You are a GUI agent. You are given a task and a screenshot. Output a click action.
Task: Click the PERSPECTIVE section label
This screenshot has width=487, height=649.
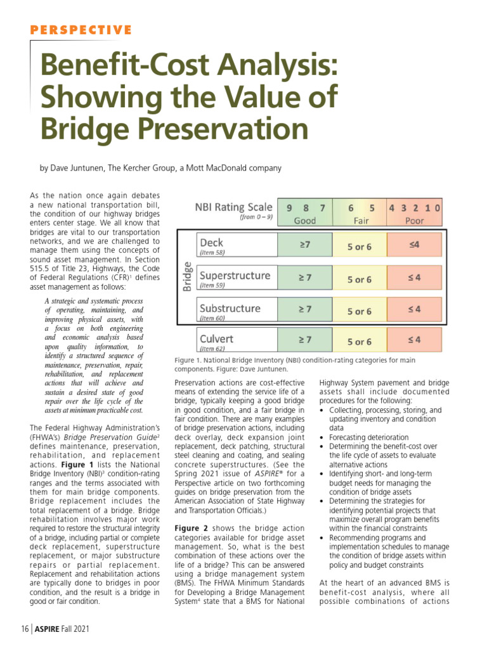pos(81,30)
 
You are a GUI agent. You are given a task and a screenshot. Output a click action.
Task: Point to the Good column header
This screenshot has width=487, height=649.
pos(305,221)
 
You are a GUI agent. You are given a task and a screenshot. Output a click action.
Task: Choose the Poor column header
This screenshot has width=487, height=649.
pos(415,221)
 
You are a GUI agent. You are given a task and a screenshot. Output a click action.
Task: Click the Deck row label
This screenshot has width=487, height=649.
pos(212,242)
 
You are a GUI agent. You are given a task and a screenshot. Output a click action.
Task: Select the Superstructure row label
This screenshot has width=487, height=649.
pos(235,276)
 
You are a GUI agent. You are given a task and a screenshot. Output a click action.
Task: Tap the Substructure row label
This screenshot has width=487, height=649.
pos(230,309)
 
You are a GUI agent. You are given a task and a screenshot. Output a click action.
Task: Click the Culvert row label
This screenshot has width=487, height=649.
pos(218,338)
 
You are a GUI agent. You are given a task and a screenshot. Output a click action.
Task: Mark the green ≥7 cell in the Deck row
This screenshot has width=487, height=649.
pos(305,243)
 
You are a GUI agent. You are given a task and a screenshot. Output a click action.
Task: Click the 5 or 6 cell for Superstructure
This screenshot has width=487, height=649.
pos(360,279)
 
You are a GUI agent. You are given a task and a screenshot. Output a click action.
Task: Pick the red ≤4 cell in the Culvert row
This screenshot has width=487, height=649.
pos(415,340)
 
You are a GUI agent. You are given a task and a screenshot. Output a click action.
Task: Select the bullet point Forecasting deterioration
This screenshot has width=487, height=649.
pos(368,437)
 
